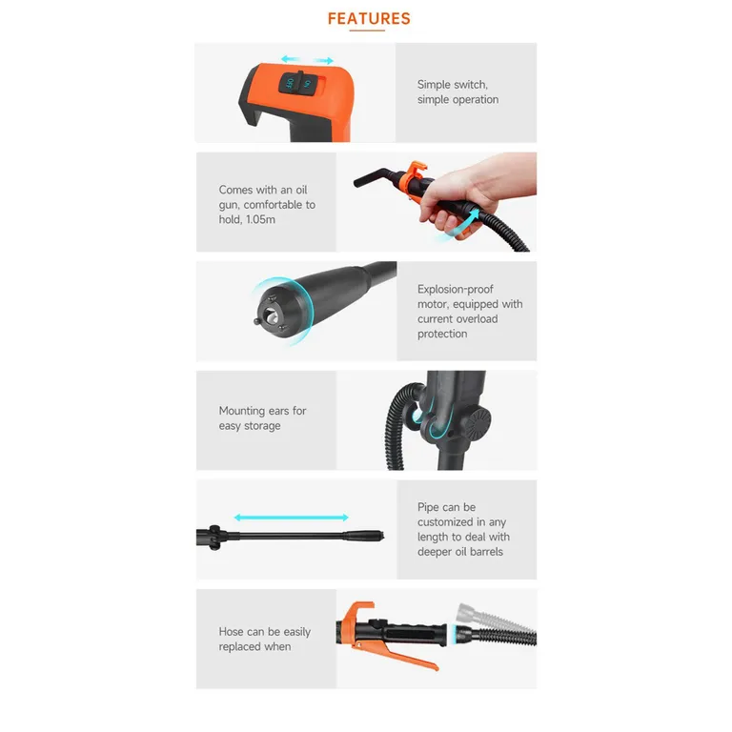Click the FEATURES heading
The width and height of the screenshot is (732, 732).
pos(369,18)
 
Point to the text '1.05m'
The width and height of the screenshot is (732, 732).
pos(264,219)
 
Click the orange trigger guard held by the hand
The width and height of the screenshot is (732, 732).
pos(417,176)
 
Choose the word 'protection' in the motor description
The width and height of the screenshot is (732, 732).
pos(442,334)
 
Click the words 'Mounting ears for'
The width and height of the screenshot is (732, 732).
pos(263,411)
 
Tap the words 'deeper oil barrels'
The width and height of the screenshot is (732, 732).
pos(459,552)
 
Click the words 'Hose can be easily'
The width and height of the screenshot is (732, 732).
pos(265,632)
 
